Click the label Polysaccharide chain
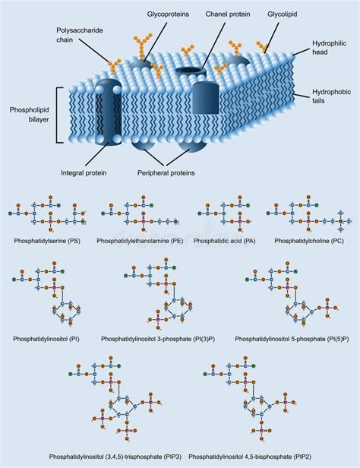point(79,34)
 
